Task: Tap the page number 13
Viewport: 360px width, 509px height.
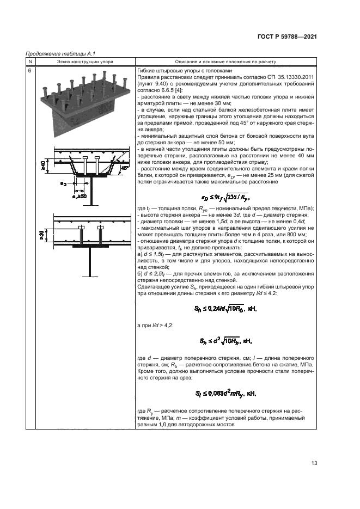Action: (x=314, y=463)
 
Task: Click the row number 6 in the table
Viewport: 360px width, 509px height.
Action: (x=29, y=71)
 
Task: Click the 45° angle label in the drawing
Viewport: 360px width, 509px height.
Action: (x=126, y=168)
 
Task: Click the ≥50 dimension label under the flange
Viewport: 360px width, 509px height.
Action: (x=82, y=195)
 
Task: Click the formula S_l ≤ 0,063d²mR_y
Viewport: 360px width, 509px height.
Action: (x=225, y=392)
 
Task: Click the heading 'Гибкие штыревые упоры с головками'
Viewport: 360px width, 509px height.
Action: (x=186, y=71)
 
